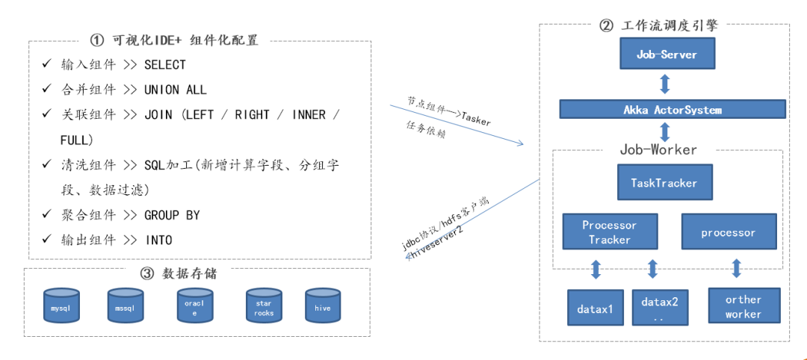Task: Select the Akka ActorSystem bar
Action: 672,110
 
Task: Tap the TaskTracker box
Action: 664,182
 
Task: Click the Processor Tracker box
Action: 610,232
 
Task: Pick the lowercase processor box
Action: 728,232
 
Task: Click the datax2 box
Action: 660,308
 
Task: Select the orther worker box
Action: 743,306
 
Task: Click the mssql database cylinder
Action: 125,307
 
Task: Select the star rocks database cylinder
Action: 263,307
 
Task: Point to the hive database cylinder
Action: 323,307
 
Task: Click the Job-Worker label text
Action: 658,149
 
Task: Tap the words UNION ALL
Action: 176,90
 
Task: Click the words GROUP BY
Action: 172,215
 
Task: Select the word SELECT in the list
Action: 165,65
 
